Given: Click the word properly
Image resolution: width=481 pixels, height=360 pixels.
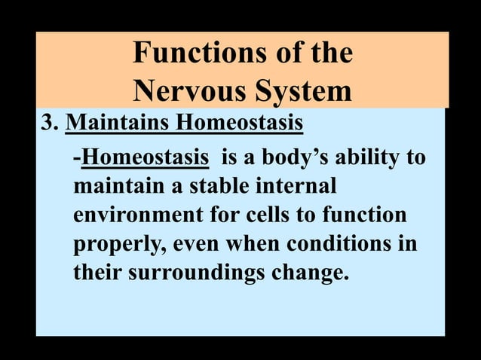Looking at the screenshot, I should tap(119, 244).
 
